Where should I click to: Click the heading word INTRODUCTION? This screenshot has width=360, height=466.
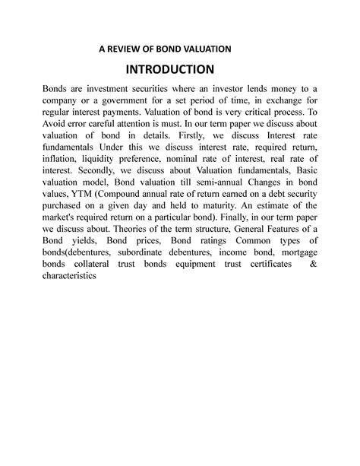[180, 71]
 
